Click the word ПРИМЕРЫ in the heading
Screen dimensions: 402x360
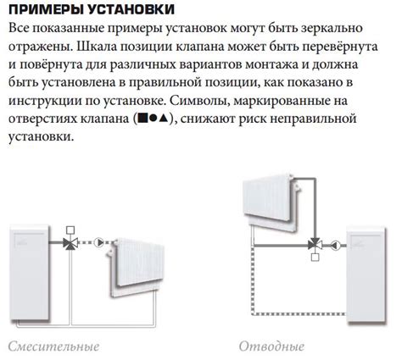(45, 9)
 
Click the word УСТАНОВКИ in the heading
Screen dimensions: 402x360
(131, 9)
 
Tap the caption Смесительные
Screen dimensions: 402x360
(53, 346)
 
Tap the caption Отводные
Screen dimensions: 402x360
(271, 346)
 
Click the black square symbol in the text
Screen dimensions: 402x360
(142, 118)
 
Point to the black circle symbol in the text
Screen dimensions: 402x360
(153, 119)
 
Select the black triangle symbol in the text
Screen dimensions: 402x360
(163, 118)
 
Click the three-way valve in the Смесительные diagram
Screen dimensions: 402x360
(70, 243)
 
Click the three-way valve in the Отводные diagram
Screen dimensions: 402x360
(315, 245)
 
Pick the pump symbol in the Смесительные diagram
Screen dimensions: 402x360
(98, 242)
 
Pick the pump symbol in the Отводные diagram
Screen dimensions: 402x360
(336, 245)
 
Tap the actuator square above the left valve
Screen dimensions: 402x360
(70, 230)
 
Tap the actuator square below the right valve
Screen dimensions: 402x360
(315, 258)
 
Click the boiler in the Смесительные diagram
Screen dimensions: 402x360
(30, 273)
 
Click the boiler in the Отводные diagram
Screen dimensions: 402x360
(366, 274)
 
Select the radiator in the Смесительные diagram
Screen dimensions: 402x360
(135, 267)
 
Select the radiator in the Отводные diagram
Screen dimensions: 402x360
(271, 202)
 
